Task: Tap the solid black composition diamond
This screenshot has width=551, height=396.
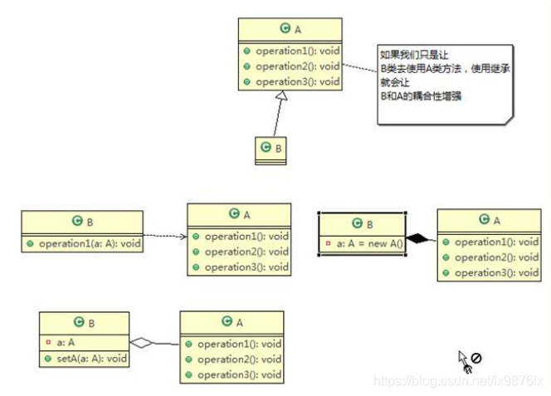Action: (421, 239)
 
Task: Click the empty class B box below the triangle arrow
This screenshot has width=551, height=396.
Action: (272, 149)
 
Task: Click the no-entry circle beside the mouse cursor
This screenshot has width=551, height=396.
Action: (476, 359)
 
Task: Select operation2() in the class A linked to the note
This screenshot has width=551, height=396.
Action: (296, 66)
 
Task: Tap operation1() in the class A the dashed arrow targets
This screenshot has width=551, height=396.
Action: (246, 237)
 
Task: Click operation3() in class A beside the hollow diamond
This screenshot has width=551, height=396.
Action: (239, 375)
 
